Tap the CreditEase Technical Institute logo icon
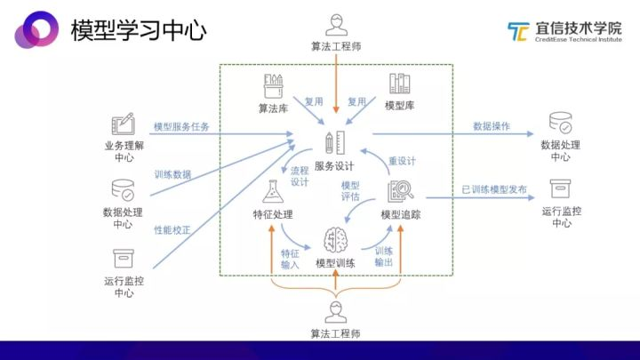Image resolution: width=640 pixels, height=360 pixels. click(518, 32)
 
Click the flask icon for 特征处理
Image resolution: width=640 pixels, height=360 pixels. click(273, 191)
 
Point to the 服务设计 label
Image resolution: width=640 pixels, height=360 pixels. click(335, 166)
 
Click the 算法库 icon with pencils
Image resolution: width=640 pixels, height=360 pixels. click(273, 86)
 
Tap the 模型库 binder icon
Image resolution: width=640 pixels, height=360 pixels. click(399, 85)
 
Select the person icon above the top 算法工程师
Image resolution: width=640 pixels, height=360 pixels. click(336, 22)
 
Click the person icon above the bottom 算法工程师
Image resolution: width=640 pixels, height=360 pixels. click(336, 312)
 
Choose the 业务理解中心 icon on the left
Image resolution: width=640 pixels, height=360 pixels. click(123, 124)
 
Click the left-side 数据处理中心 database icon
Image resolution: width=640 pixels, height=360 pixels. click(123, 190)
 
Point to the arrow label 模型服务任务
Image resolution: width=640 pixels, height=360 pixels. click(181, 127)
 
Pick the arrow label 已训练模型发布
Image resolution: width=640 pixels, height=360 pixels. click(494, 189)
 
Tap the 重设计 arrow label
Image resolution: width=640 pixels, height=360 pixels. click(402, 162)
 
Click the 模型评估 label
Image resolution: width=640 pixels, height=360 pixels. click(350, 191)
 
